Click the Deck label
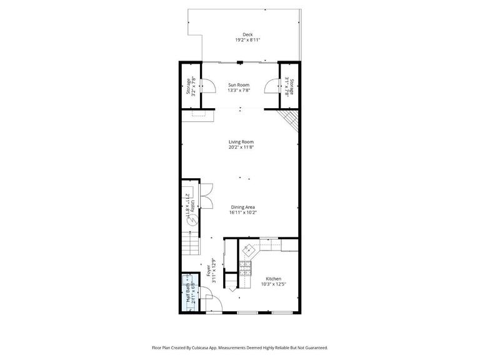coord(247,34)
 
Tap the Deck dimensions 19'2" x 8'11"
coord(247,40)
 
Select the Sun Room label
coord(238,85)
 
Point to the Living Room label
coord(241,142)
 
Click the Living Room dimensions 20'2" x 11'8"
coord(241,147)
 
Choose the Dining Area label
coord(242,207)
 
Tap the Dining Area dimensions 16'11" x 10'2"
coord(242,212)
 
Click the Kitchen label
coord(273,279)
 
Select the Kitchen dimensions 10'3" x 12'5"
coord(273,284)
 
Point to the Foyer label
coord(209,271)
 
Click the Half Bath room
coord(189,293)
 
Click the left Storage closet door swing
coord(211,87)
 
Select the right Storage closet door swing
coord(269,87)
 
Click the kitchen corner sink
coord(249,249)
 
